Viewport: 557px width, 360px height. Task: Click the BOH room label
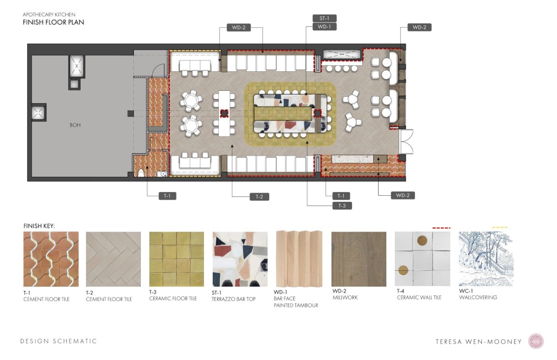click(x=75, y=125)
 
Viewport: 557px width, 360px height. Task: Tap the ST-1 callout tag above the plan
click(x=324, y=18)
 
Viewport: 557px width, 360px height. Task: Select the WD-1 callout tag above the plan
click(x=324, y=27)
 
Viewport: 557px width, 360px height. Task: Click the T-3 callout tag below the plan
click(x=342, y=206)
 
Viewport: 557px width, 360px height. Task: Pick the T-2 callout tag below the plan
click(x=259, y=197)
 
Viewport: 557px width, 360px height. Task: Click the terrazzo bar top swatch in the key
click(x=240, y=259)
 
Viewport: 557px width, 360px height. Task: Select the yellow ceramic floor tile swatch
click(x=177, y=259)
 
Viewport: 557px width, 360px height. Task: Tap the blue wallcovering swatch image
click(x=486, y=259)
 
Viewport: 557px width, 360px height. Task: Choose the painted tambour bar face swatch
click(x=299, y=259)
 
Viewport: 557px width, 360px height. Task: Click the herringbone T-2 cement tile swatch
click(x=113, y=259)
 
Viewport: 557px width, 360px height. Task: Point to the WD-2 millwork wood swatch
click(x=359, y=259)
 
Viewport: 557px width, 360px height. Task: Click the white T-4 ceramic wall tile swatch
click(x=422, y=259)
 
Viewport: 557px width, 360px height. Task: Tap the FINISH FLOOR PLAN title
click(x=53, y=22)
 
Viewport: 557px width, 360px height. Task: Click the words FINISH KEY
click(x=39, y=226)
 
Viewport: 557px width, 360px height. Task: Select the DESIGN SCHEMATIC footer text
click(x=59, y=341)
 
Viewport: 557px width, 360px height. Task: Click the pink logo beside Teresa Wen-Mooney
click(x=536, y=341)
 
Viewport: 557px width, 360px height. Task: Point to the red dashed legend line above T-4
click(x=441, y=227)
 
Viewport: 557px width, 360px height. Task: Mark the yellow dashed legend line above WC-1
click(x=500, y=227)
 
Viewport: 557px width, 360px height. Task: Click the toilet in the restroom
click(x=141, y=172)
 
